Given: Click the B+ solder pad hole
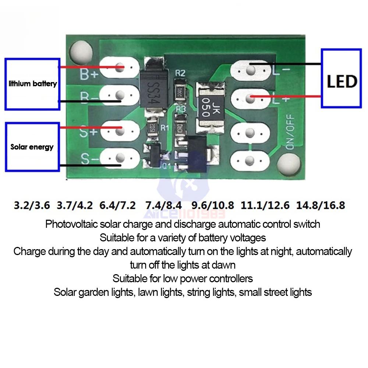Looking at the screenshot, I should [x=119, y=67].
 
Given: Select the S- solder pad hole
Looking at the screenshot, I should [x=119, y=158].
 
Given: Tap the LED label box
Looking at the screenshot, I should [x=341, y=78].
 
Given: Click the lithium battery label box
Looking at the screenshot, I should [x=32, y=84].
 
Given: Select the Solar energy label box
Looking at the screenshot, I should [x=32, y=147].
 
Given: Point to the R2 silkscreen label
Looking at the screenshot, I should [x=180, y=73].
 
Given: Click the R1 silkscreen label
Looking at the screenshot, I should [x=164, y=128].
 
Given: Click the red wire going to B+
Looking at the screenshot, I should [x=88, y=67].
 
